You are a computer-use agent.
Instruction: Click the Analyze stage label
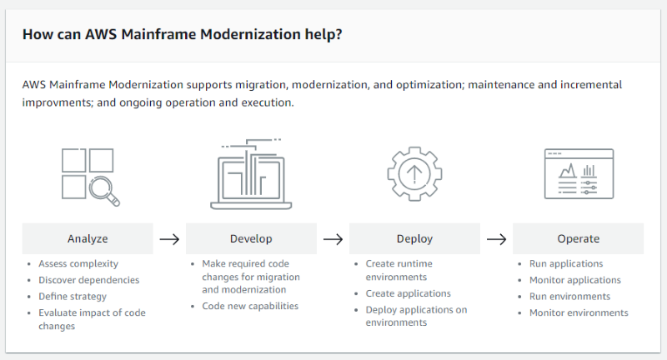[88, 238]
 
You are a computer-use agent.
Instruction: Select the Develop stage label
[251, 238]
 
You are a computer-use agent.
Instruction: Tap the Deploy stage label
[414, 238]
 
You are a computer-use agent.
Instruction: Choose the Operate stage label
[578, 238]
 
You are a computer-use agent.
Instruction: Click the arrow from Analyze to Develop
[169, 239]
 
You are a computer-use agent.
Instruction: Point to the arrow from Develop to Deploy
[333, 239]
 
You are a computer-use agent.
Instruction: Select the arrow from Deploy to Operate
[496, 239]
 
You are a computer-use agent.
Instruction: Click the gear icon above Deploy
[414, 174]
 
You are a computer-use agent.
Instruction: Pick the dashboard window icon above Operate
[578, 174]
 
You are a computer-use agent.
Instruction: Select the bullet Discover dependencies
[88, 280]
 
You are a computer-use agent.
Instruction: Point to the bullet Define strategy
[73, 296]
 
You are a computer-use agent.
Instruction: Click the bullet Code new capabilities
[250, 306]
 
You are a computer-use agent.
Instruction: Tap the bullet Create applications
[408, 293]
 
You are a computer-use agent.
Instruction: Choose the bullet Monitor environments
[579, 312]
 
